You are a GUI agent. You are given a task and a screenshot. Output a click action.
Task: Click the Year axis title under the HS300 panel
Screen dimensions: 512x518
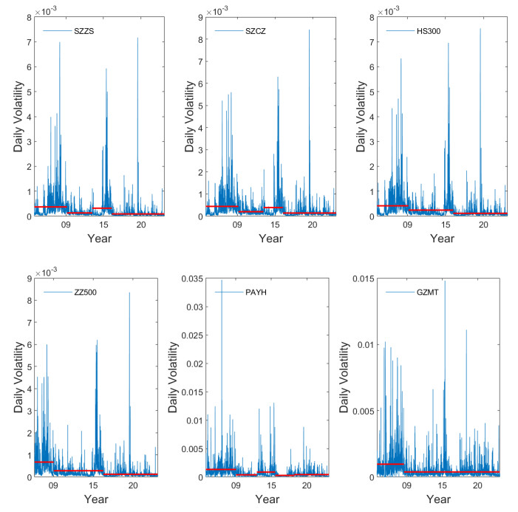(x=442, y=239)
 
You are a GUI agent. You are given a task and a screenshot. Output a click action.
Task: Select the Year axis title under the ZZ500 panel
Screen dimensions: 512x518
(x=97, y=499)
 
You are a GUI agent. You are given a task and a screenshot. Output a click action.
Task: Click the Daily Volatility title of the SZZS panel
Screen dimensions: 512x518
(x=18, y=116)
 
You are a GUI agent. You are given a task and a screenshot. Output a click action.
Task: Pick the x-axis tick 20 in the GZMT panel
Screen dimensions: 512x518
(x=477, y=488)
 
